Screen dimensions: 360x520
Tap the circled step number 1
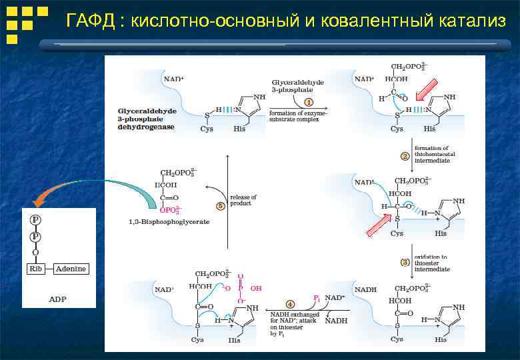click(x=309, y=102)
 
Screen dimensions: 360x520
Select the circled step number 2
click(x=404, y=156)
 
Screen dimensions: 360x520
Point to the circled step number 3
click(x=404, y=263)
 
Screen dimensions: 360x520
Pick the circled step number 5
click(x=220, y=206)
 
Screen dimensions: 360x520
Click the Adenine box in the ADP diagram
click(x=71, y=269)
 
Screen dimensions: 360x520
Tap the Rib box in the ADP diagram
click(x=35, y=269)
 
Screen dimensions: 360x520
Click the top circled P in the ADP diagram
click(x=35, y=219)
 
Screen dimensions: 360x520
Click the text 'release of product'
click(x=243, y=201)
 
